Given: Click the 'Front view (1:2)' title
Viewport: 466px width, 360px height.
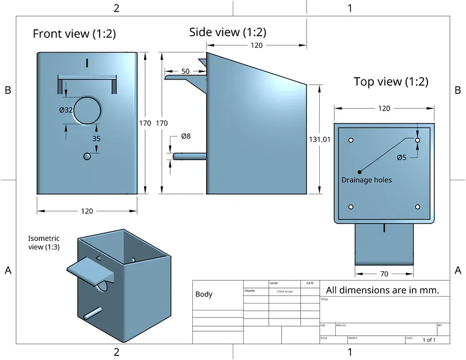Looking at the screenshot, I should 74,34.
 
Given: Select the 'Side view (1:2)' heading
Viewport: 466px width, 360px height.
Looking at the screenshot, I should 228,32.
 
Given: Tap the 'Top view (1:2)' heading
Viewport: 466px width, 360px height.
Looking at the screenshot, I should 391,82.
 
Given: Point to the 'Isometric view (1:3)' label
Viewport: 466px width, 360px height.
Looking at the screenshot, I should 44,242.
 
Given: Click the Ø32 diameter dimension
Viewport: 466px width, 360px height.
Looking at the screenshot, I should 66,110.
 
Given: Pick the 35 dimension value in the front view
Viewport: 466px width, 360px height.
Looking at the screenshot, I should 96,138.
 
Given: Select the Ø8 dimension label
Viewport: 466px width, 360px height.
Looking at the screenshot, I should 185,136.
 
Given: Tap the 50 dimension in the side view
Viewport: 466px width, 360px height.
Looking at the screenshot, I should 185,71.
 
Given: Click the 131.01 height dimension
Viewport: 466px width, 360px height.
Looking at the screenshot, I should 320,139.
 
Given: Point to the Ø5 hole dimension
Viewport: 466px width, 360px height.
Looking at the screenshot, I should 401,157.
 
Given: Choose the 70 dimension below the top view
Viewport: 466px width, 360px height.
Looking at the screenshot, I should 384,274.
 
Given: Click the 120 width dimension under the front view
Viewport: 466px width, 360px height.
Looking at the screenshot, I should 86,211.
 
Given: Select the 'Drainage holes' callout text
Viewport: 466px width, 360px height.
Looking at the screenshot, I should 366,180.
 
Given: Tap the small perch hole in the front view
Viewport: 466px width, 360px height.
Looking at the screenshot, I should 87,157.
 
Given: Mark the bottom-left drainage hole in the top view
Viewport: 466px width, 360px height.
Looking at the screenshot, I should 351,207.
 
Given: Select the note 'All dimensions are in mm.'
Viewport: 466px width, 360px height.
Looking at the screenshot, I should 382,290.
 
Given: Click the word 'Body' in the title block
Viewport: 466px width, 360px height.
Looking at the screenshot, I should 204,294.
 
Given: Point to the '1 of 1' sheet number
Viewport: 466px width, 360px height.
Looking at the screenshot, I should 429,340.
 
